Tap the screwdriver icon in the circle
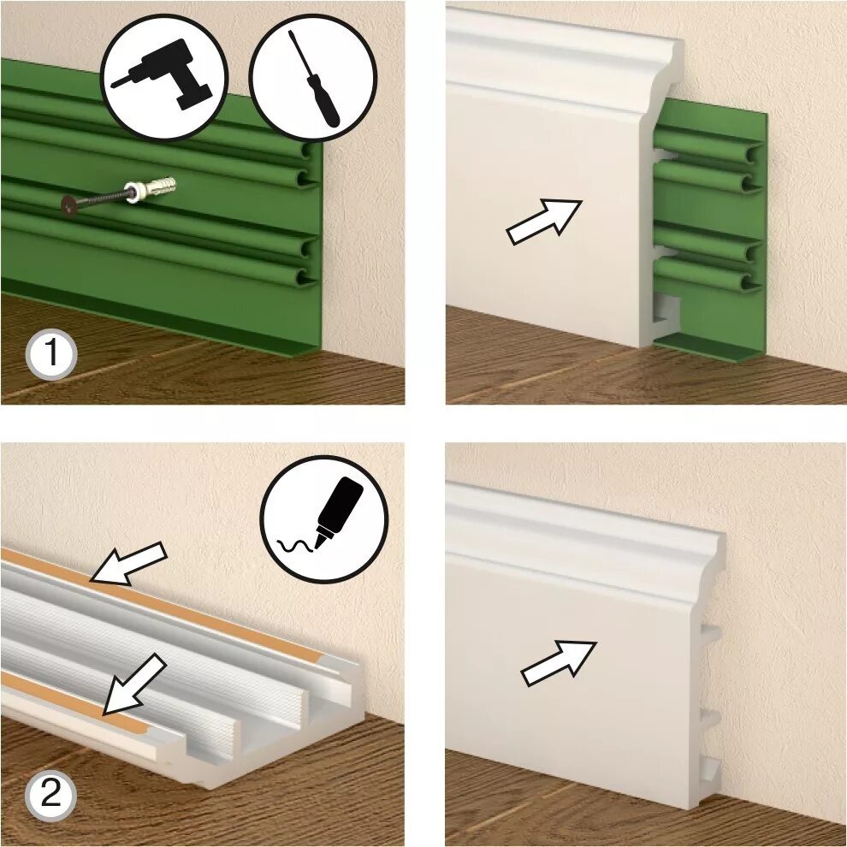click(x=313, y=79)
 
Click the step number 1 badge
click(x=51, y=354)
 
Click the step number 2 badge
click(x=51, y=796)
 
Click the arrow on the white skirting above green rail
click(x=544, y=222)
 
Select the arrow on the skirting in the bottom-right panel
click(x=558, y=663)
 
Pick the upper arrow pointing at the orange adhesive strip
click(x=128, y=564)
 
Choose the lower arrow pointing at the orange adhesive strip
click(x=134, y=684)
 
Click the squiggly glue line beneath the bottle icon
click(x=295, y=546)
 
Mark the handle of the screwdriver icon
click(x=323, y=102)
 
